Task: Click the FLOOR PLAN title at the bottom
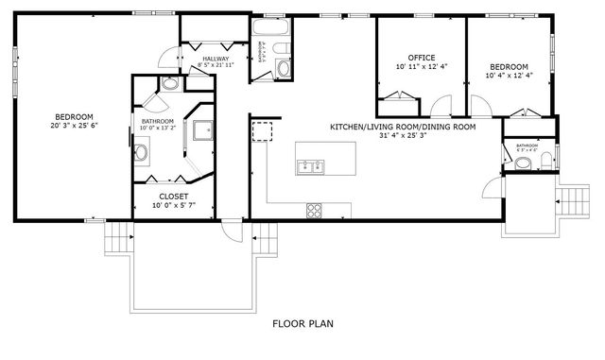coord(302,324)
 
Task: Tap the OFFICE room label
coord(421,58)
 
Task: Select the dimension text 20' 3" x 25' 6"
coord(75,125)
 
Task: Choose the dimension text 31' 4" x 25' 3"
coord(402,136)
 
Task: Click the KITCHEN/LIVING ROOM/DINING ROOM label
coord(402,127)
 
